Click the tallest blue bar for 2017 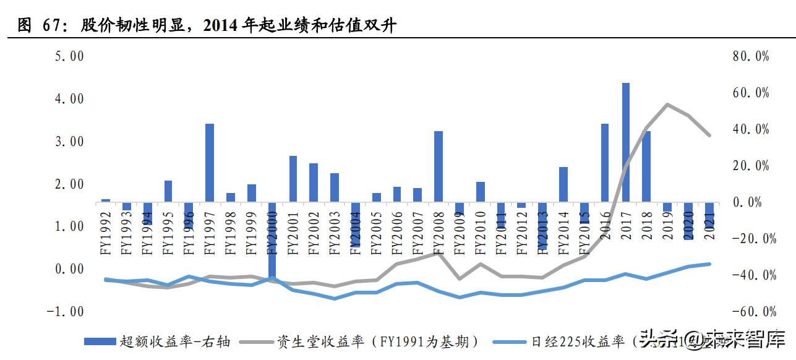click(x=625, y=142)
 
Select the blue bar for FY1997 click(x=210, y=163)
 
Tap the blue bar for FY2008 click(x=439, y=166)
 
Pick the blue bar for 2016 click(x=605, y=163)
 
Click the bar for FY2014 click(x=563, y=184)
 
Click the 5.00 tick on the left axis click(x=69, y=56)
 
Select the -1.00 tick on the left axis click(x=66, y=311)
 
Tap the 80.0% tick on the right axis click(x=750, y=56)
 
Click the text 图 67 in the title click(x=38, y=25)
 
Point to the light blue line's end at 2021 click(x=709, y=264)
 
